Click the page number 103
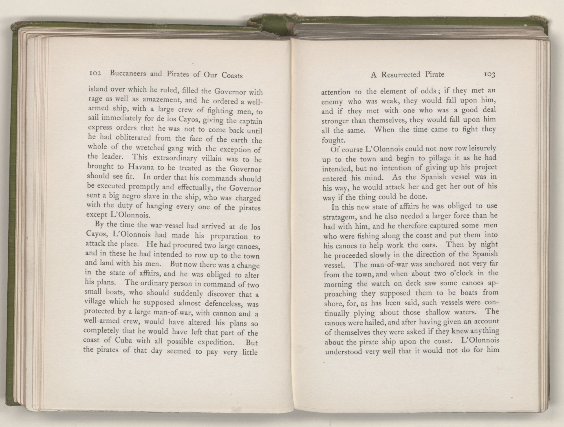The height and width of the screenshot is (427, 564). point(490,75)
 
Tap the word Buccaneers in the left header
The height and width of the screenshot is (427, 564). point(128,74)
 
